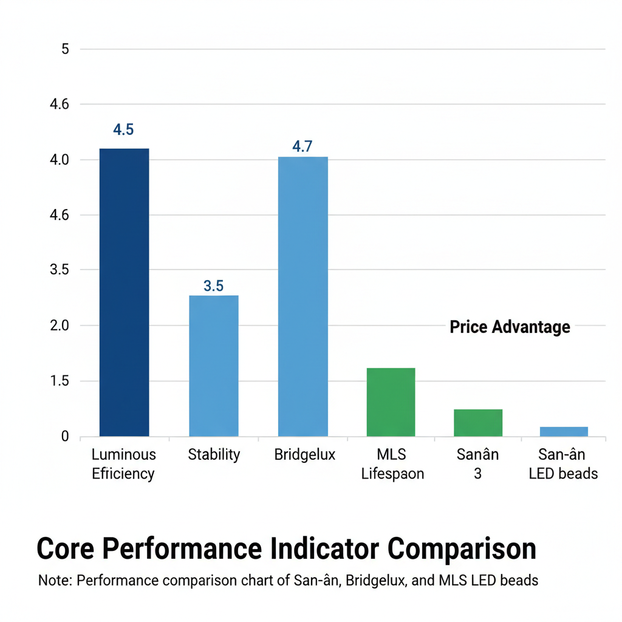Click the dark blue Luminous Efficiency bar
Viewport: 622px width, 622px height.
click(x=124, y=292)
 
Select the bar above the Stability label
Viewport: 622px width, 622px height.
click(x=213, y=366)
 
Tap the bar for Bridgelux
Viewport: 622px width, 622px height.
click(x=302, y=296)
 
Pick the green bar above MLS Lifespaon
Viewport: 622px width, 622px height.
click(x=391, y=402)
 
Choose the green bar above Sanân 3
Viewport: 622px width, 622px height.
click(x=478, y=423)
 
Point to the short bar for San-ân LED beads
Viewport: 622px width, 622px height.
click(x=564, y=431)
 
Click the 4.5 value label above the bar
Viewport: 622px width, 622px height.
click(x=123, y=129)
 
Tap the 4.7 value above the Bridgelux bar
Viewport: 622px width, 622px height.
click(x=302, y=146)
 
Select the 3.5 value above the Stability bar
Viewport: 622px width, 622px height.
click(x=213, y=285)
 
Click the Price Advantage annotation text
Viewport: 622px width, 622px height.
click(x=510, y=327)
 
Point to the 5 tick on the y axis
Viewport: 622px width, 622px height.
click(x=65, y=49)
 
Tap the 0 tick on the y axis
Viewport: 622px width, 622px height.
click(x=65, y=437)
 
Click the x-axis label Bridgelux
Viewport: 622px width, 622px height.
click(x=304, y=454)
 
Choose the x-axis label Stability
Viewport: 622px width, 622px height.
click(x=214, y=454)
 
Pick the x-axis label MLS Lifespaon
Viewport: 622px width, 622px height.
click(x=392, y=464)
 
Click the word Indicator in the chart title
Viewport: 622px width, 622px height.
click(x=322, y=549)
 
